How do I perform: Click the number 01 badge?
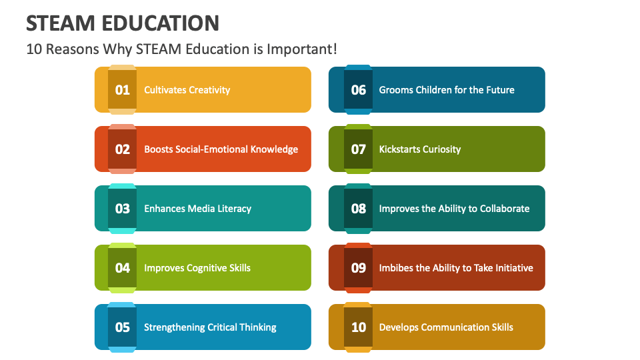point(123,90)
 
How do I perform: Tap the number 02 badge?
point(123,149)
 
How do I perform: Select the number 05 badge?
point(123,327)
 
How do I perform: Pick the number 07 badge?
point(359,149)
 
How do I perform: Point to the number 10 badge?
point(359,327)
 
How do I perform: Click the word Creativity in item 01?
point(209,90)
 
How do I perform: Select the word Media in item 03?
point(201,209)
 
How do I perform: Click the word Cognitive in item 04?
point(204,268)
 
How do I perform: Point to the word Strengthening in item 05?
point(175,327)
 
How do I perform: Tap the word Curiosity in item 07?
point(439,149)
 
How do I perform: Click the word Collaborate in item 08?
point(502,209)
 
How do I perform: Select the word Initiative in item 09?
point(511,268)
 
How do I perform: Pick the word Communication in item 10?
point(453,327)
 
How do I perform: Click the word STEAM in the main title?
point(60,23)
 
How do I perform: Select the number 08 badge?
point(359,209)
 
